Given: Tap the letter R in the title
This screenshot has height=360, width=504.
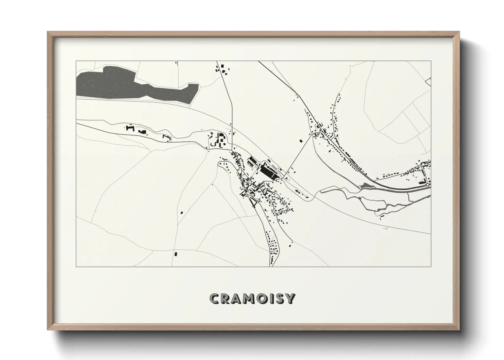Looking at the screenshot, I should tap(227, 299).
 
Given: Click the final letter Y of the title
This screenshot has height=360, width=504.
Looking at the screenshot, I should tap(291, 299).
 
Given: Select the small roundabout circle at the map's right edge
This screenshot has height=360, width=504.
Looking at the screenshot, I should tap(427, 185).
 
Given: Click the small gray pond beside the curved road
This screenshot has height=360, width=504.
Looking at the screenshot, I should tap(365, 185).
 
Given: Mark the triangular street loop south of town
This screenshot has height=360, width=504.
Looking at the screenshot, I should tap(254, 203).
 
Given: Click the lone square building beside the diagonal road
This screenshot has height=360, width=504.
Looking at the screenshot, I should tap(300, 140).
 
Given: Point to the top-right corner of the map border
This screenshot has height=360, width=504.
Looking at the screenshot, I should tap(431, 61).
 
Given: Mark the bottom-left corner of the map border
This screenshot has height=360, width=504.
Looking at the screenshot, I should tap(76, 266).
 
